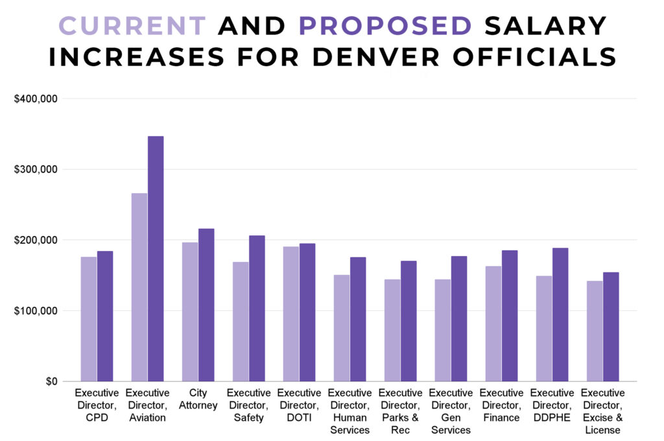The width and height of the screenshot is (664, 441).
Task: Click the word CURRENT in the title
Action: point(132,26)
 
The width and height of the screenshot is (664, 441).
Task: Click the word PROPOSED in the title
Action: point(385,26)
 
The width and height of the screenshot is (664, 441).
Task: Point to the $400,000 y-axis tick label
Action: point(36,99)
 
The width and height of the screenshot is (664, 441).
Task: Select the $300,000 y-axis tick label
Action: point(36,170)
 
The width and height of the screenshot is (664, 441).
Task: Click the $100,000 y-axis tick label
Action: point(36,311)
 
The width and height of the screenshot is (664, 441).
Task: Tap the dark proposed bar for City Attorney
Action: point(206,305)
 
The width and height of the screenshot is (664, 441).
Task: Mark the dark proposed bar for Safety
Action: point(257,308)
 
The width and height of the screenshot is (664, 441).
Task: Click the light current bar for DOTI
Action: point(291,314)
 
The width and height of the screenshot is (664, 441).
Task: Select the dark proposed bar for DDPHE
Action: point(560,315)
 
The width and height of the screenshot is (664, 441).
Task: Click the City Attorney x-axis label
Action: point(198,399)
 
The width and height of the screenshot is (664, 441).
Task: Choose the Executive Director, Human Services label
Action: point(350,411)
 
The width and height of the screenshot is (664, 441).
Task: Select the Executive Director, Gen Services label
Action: point(451,411)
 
